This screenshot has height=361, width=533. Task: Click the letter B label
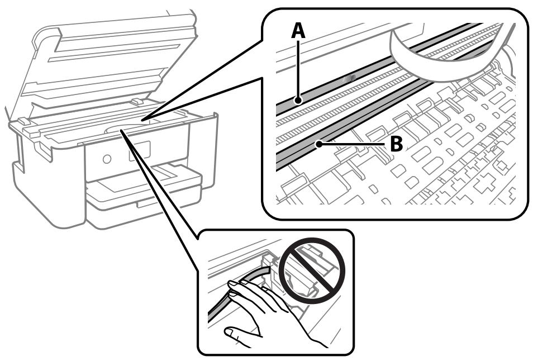point(396,145)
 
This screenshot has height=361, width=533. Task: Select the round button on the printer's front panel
point(106,158)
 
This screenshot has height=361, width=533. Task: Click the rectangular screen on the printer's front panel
point(140,151)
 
